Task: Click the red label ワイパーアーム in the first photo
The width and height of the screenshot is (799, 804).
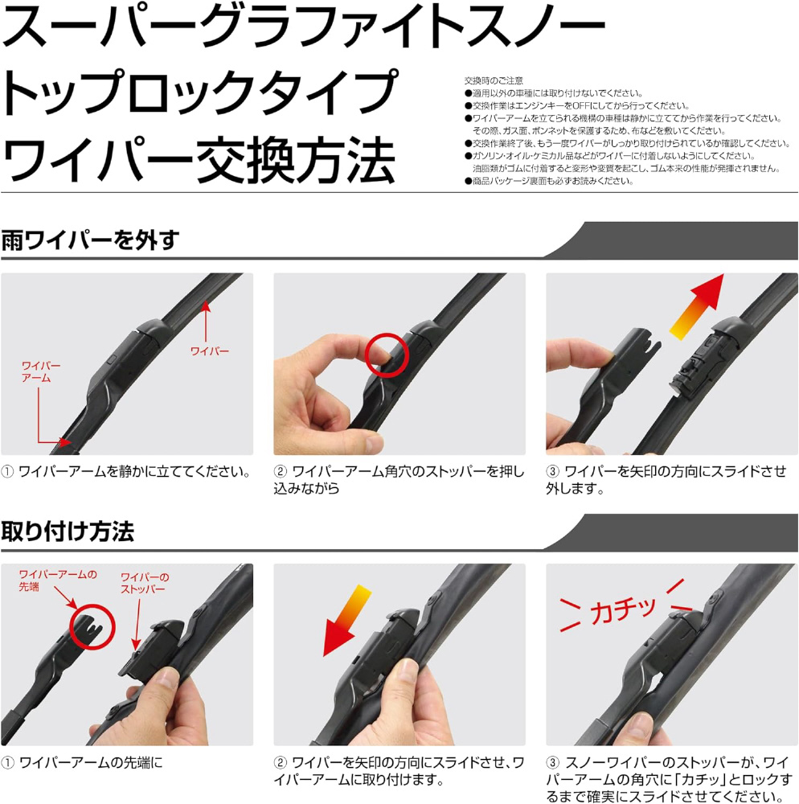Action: click(x=41, y=371)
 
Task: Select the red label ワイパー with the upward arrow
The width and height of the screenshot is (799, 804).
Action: click(x=210, y=351)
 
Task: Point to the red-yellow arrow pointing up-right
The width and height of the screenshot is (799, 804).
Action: click(x=697, y=307)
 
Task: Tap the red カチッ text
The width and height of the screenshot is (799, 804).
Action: click(x=623, y=609)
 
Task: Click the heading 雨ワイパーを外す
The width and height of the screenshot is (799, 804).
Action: click(x=90, y=240)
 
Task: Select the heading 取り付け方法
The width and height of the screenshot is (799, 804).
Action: click(x=68, y=531)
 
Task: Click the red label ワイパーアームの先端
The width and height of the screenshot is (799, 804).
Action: click(x=57, y=580)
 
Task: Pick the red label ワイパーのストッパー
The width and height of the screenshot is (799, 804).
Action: click(x=145, y=583)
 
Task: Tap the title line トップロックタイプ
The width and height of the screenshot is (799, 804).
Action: click(x=200, y=92)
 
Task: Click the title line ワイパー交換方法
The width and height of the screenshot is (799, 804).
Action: click(x=199, y=160)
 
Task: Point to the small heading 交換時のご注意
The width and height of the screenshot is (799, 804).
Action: click(x=494, y=80)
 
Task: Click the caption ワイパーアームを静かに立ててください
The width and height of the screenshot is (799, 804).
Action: click(x=126, y=472)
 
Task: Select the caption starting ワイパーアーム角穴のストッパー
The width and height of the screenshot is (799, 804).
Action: click(x=399, y=480)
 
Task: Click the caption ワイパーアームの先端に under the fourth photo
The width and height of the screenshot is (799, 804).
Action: click(x=82, y=763)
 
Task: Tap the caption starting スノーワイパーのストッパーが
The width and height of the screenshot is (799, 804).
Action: click(x=669, y=779)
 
